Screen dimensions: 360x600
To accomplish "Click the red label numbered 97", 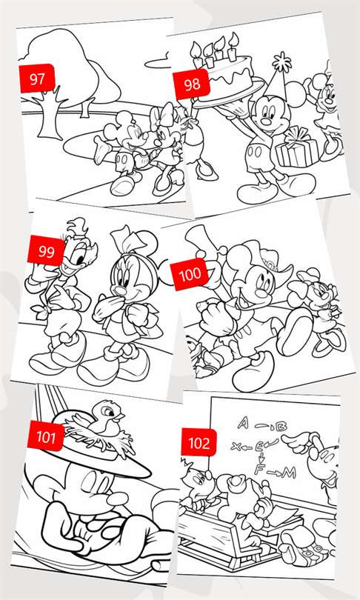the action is pos(37,79).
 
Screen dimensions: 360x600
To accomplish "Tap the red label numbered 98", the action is pos(191,84).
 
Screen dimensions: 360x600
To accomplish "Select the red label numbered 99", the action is pos(46,251).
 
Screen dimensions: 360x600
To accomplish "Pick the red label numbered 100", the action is pos(190,273).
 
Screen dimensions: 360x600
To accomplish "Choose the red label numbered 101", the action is pos(45,436).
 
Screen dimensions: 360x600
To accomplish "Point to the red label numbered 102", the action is pos(199,443).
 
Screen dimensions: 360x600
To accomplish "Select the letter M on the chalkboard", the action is pos(288,473).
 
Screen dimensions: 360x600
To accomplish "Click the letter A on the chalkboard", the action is pos(243,422).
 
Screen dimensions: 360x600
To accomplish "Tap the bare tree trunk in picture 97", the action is pos(49,113).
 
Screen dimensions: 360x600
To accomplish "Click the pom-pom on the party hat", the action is pos(282,61).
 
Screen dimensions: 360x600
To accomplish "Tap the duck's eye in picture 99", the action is pos(81,259).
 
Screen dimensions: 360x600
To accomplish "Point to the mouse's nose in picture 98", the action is pos(267,121).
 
